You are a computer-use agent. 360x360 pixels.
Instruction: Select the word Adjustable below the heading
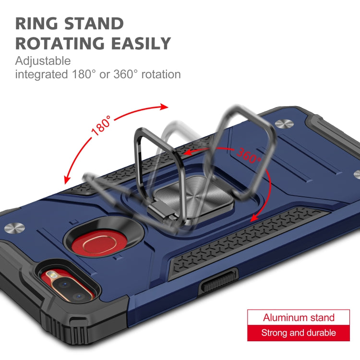(x=43, y=61)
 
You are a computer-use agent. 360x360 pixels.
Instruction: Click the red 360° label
(x=248, y=155)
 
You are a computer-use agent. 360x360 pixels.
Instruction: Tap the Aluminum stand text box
(x=299, y=318)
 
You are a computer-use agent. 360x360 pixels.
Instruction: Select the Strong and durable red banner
(x=299, y=333)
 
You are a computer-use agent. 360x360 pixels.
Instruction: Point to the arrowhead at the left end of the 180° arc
(x=67, y=180)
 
